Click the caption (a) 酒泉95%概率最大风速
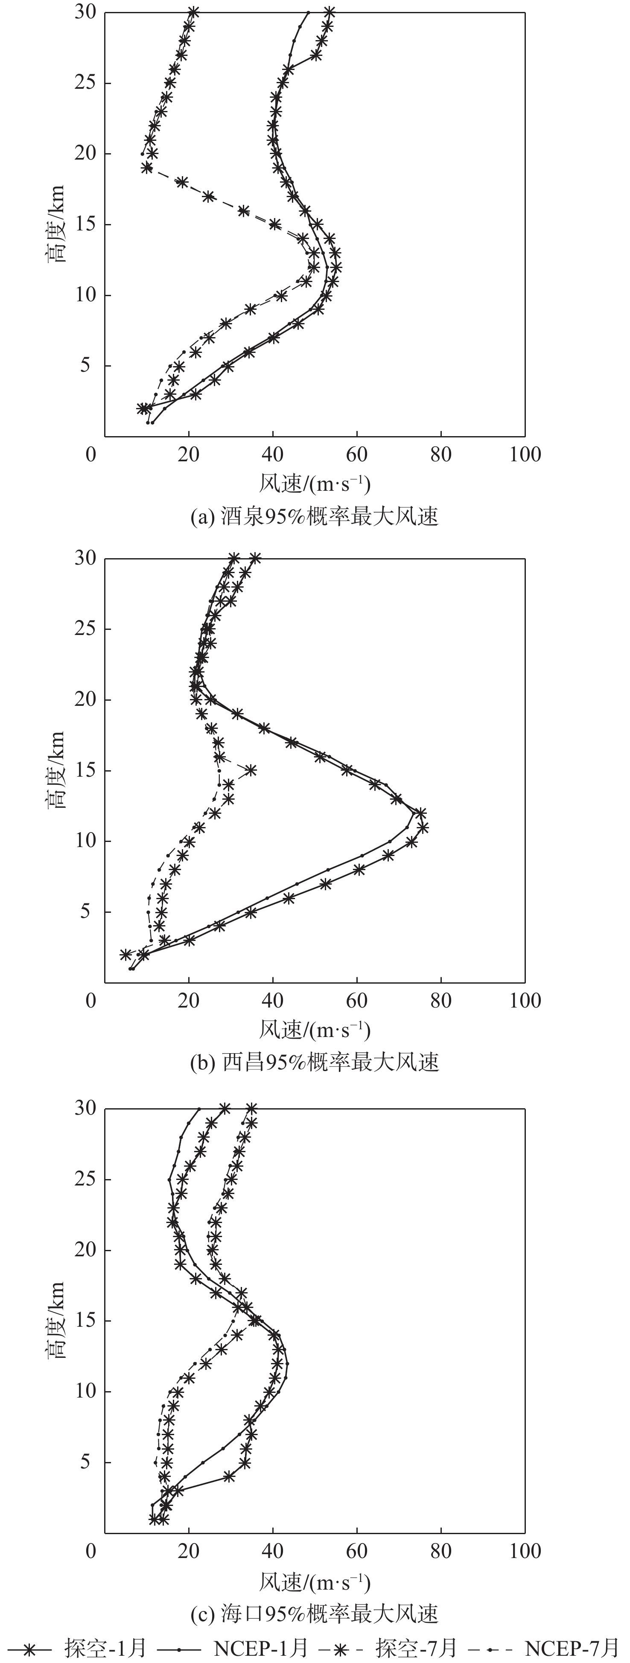point(315,516)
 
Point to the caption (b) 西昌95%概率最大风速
point(315,1062)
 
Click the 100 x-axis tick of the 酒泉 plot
point(525,454)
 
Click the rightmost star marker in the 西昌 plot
point(423,827)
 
